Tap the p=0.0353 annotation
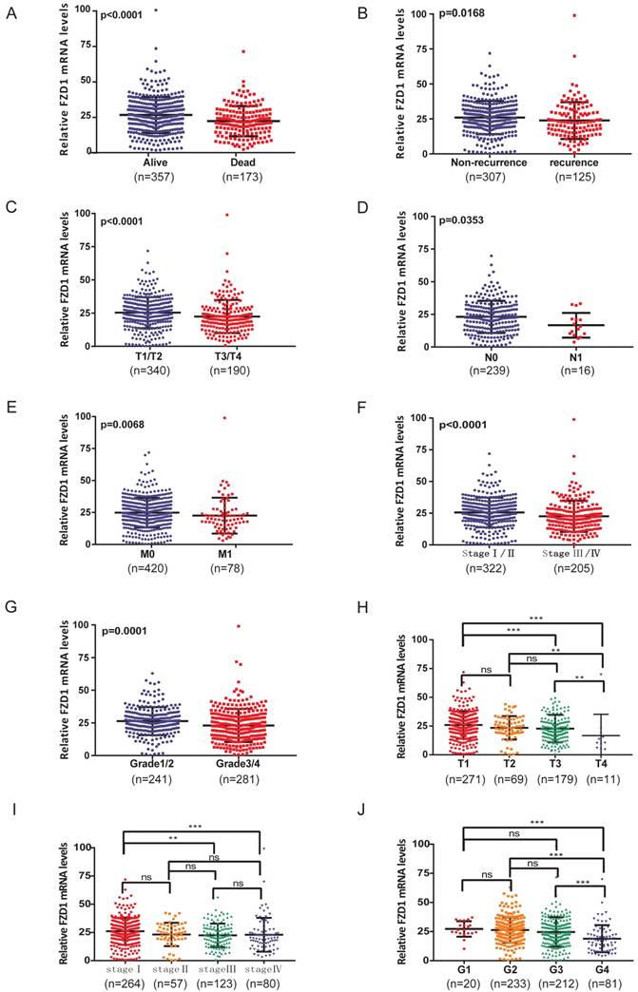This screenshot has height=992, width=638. (x=465, y=220)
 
